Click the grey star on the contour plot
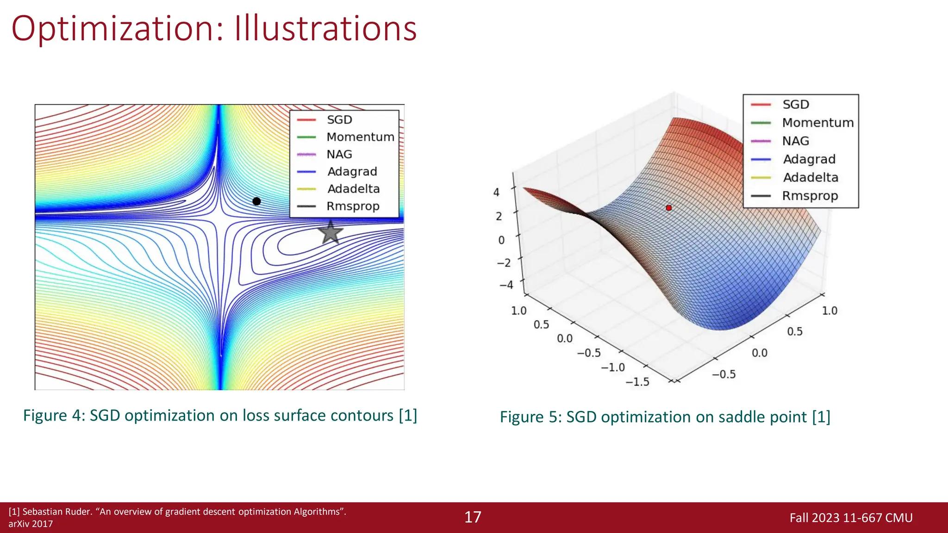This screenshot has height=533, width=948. click(331, 233)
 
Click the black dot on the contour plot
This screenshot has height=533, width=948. click(256, 201)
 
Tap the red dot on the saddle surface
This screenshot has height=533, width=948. click(668, 208)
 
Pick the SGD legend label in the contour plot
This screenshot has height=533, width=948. click(339, 120)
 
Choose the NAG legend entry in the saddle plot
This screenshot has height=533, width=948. click(795, 141)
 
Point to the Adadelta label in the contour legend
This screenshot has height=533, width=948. click(353, 189)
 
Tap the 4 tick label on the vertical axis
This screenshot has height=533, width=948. click(496, 192)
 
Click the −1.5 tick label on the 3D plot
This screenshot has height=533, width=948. click(637, 382)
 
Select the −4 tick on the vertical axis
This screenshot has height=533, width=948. click(506, 285)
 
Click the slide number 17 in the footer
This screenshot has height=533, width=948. click(473, 517)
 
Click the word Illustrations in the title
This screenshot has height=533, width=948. click(325, 29)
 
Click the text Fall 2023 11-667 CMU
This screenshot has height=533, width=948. click(851, 518)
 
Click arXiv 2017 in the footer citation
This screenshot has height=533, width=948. click(31, 524)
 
